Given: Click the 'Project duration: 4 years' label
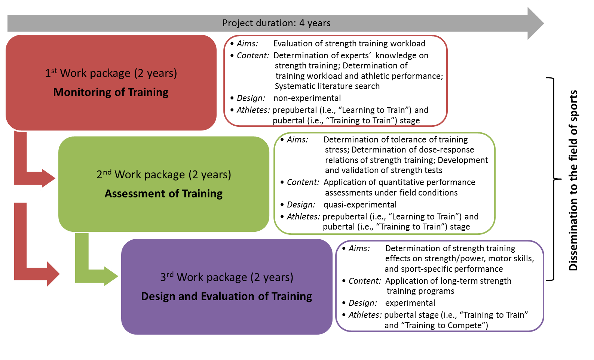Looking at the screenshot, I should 276,23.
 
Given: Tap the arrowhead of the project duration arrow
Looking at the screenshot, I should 536,23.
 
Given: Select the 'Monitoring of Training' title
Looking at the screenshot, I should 111,92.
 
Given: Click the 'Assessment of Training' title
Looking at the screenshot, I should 163,194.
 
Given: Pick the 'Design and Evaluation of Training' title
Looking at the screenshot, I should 226,296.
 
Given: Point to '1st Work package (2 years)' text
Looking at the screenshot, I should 111,73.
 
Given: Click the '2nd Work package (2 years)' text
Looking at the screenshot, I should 163,175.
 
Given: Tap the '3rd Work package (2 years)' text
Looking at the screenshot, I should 226,277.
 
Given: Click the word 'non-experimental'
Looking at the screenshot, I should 307,98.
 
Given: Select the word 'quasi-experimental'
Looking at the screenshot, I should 360,204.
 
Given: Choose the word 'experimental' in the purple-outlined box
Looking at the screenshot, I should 410,303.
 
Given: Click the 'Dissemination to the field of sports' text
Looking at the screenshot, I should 573,180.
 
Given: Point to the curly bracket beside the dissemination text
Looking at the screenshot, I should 553,179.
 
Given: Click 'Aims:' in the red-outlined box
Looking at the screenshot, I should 247,43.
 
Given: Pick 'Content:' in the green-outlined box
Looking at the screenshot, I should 303,182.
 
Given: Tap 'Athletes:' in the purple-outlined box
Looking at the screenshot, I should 365,315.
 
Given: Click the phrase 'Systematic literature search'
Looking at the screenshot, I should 327,86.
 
